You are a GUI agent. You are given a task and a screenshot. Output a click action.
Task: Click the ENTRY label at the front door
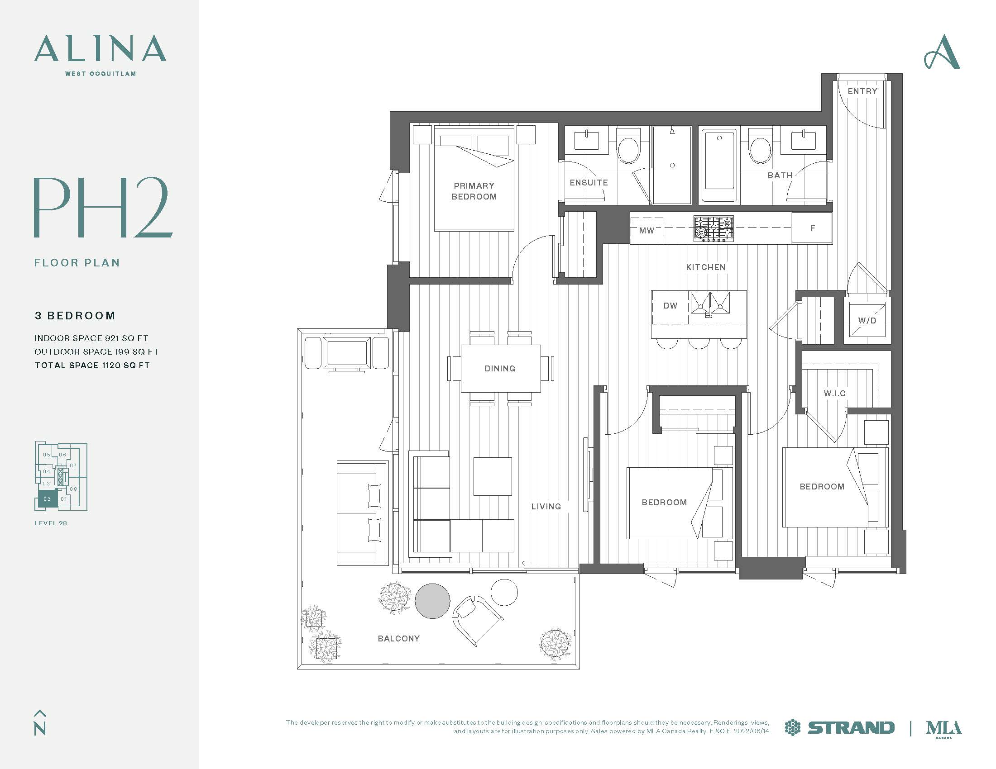(x=862, y=91)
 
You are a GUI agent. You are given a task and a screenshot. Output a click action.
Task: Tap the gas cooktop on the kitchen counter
(x=713, y=228)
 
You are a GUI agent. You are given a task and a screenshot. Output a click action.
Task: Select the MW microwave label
(x=646, y=231)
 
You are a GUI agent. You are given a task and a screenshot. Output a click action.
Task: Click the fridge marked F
(x=812, y=228)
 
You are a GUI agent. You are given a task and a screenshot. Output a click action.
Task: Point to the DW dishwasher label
(x=670, y=306)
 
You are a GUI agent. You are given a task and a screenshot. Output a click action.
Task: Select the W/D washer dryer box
(x=867, y=320)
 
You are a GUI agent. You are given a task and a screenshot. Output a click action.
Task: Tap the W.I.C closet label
(x=834, y=393)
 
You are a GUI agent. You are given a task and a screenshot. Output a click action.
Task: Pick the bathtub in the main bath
(x=719, y=165)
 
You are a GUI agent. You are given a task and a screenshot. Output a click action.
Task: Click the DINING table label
(x=500, y=369)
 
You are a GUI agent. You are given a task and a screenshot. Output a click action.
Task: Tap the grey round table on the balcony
(x=432, y=601)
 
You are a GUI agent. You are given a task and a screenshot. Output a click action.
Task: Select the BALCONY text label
(x=398, y=639)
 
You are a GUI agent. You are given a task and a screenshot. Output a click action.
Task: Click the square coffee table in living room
(x=493, y=476)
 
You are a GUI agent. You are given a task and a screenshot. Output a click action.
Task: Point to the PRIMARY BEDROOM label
(x=474, y=191)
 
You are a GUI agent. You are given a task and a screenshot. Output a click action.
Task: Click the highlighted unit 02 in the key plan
(x=47, y=499)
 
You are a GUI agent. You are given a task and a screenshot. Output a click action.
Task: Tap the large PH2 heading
(x=103, y=208)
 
